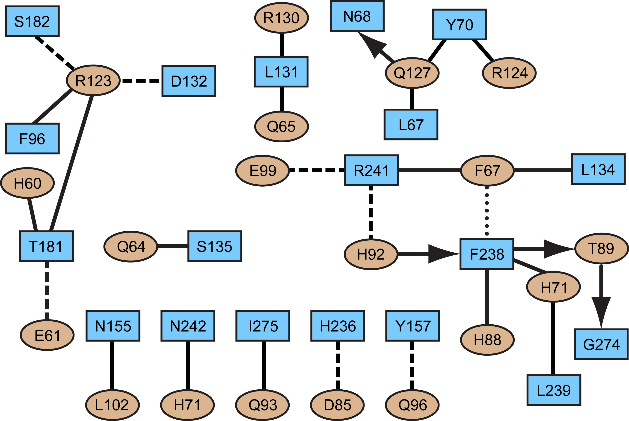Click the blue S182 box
click(32, 21)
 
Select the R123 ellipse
click(93, 80)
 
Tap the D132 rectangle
click(189, 81)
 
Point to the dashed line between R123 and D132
click(141, 81)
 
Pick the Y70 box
click(459, 25)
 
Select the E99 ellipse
click(262, 170)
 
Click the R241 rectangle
click(371, 170)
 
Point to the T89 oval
click(601, 249)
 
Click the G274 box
click(601, 344)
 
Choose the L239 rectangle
click(554, 390)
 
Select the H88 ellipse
click(487, 340)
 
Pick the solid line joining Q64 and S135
click(172, 246)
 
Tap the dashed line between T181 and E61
click(47, 290)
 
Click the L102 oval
click(112, 405)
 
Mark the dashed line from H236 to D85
click(338, 365)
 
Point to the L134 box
click(598, 169)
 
